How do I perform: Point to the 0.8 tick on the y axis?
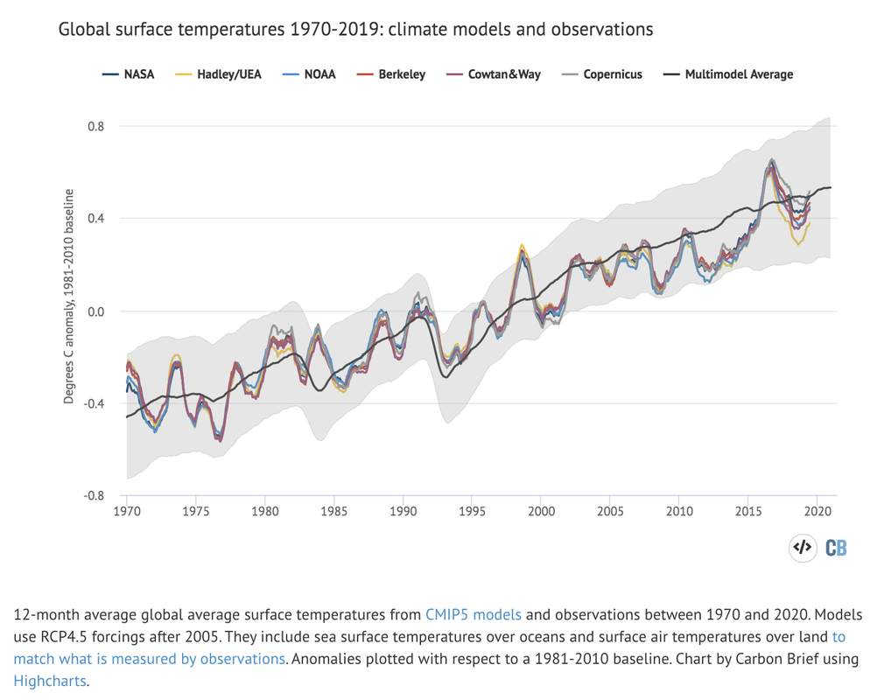(95, 126)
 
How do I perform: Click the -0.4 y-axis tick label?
(94, 403)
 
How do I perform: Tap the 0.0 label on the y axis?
(95, 311)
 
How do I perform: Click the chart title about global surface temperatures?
(355, 29)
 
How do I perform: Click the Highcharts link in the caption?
(49, 679)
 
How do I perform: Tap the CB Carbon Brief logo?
(836, 549)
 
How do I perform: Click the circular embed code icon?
(802, 549)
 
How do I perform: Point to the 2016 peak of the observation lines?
(771, 161)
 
